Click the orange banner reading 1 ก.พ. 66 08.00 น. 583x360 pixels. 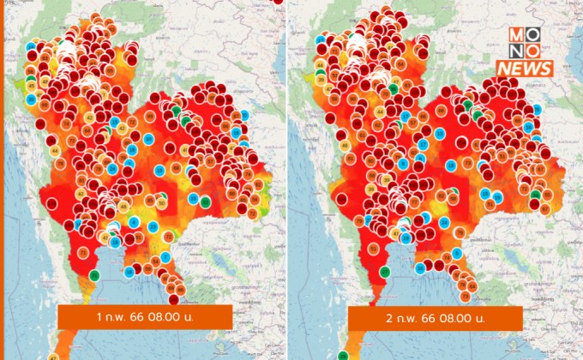pyautogui.click(x=145, y=318)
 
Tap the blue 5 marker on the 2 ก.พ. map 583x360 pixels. pyautogui.click(x=404, y=164)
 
